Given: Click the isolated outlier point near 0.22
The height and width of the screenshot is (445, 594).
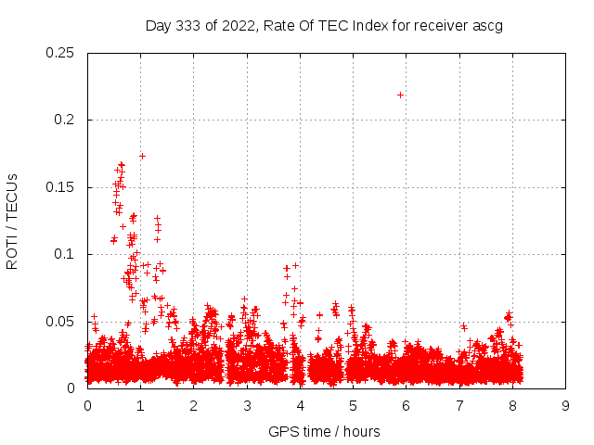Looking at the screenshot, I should click(400, 95).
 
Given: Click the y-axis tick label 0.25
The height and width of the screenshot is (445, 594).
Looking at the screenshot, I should click(61, 53).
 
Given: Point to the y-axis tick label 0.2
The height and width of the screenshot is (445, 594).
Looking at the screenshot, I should click(65, 120).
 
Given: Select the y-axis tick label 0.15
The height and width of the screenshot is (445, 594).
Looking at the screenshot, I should click(61, 187).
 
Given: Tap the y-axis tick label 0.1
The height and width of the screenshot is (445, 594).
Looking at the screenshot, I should click(65, 254).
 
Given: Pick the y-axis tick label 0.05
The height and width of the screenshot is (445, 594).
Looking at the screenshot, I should click(61, 322).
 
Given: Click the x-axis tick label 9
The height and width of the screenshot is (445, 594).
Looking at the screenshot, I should click(565, 406).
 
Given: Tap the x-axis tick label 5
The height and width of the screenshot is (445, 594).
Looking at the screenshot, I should click(353, 406).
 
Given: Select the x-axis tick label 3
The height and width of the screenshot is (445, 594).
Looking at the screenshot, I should click(247, 406).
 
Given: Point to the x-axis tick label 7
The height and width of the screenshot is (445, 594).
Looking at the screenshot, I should click(459, 406).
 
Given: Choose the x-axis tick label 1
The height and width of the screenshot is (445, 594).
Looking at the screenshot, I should click(140, 406).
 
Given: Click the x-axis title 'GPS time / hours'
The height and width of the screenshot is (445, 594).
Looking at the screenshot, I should click(324, 431).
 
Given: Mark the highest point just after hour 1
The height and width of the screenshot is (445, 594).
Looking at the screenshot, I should click(142, 156).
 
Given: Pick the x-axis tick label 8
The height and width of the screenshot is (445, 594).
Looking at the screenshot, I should click(512, 406).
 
